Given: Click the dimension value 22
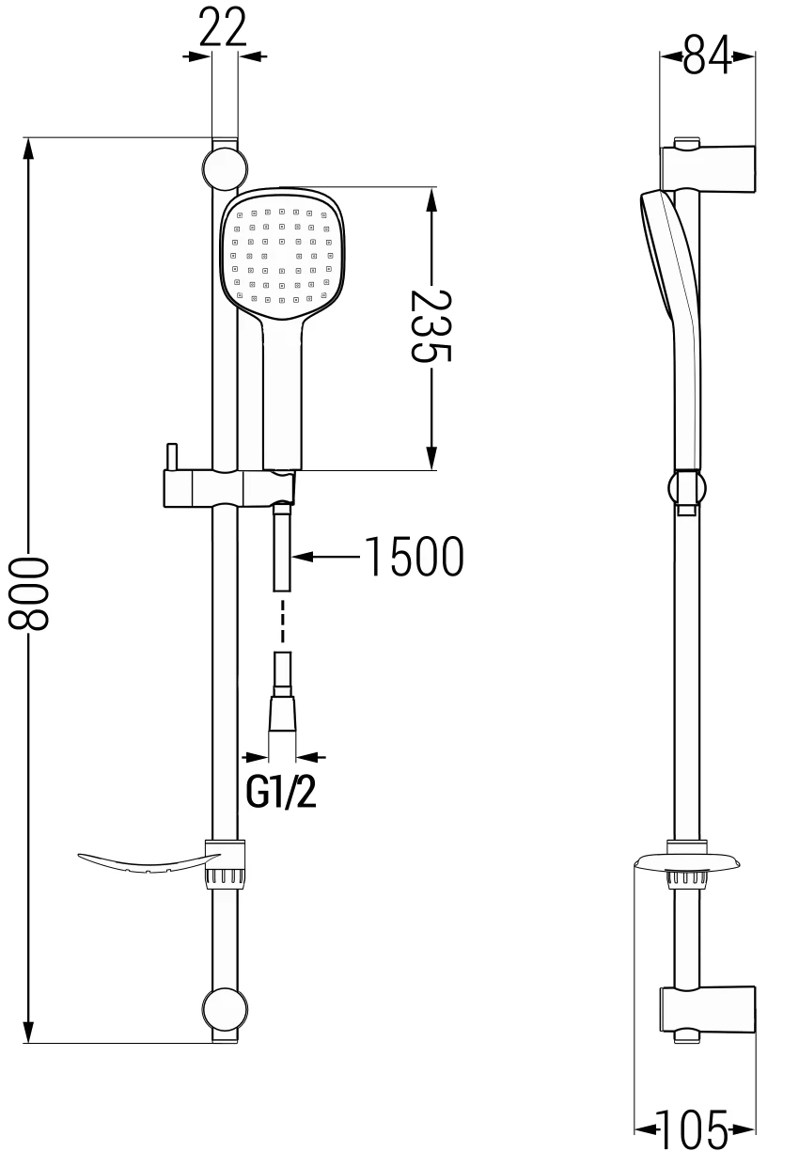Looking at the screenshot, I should [x=225, y=27].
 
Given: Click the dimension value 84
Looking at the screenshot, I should [x=707, y=55].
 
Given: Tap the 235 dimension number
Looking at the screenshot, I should [x=431, y=325].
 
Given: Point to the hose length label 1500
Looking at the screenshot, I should [x=414, y=558].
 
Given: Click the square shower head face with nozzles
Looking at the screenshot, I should [x=282, y=254].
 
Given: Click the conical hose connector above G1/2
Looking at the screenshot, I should [x=282, y=714].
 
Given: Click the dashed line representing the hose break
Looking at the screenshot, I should [x=282, y=621].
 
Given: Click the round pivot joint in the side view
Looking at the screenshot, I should [x=686, y=488].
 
